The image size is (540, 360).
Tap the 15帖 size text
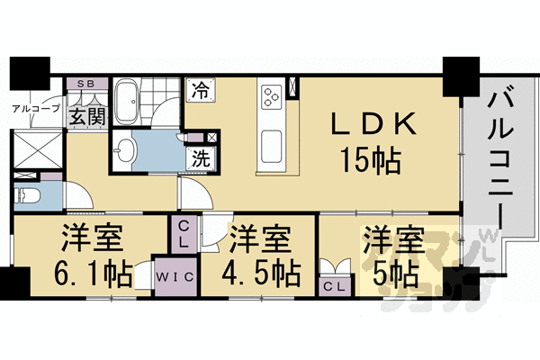tap(370, 162)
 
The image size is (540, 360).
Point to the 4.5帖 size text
tap(257, 271)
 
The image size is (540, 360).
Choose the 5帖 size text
tap(392, 271)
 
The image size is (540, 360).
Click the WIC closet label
tap(176, 276)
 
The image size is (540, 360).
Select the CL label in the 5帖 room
tap(335, 285)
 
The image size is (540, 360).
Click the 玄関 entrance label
tap(86, 116)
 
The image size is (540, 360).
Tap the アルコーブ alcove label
tap(36, 109)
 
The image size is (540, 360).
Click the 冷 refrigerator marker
tap(199, 89)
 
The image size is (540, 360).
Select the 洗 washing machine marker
tap(199, 154)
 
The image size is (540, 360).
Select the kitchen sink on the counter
tap(271, 143)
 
